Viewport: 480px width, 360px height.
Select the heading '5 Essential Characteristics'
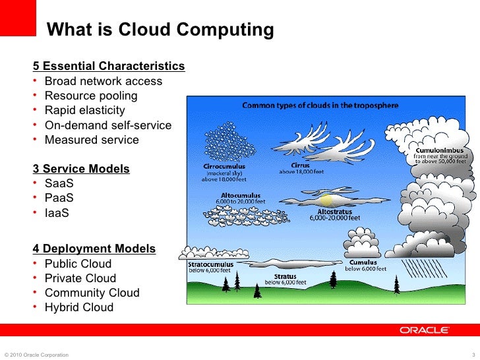(x=109, y=67)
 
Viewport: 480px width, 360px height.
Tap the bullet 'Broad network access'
(x=103, y=81)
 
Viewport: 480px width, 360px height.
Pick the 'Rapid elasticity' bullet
(x=84, y=110)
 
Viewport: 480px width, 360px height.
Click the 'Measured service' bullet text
(x=92, y=140)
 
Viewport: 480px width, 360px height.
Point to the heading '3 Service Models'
(x=81, y=169)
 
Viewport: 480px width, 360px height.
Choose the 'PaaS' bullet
(x=59, y=198)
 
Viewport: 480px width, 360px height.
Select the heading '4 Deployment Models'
(x=94, y=249)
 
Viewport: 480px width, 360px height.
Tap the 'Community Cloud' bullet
(x=92, y=293)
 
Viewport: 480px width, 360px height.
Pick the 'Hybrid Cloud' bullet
(x=78, y=307)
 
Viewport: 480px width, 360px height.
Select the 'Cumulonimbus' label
(x=440, y=150)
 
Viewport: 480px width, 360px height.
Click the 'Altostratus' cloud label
(x=335, y=212)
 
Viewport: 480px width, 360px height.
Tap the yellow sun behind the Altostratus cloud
(x=326, y=199)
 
